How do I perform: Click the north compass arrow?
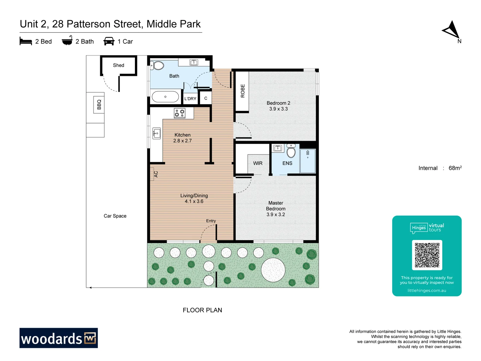pos(451,30)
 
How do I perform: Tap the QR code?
pos(427,255)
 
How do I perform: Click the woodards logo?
pos(58,338)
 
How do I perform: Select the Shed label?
pos(119,65)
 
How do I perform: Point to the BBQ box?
pos(99,104)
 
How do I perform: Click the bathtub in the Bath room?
pos(165,97)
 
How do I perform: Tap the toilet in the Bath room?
pos(158,65)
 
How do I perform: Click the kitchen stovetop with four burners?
pos(179,113)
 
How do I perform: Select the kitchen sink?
pos(156,133)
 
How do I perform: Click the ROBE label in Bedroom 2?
pos(243,91)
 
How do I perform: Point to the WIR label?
pos(258,163)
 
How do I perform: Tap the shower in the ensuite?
pos(308,161)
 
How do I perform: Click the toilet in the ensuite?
pos(291,151)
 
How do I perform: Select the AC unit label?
pos(155,174)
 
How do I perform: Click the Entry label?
pos(211,221)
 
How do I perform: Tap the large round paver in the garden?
pos(273,270)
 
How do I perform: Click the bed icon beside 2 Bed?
pos(26,41)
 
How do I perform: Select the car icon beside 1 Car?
pos(109,41)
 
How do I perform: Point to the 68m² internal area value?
pos(455,168)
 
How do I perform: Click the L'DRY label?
pos(190,99)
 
